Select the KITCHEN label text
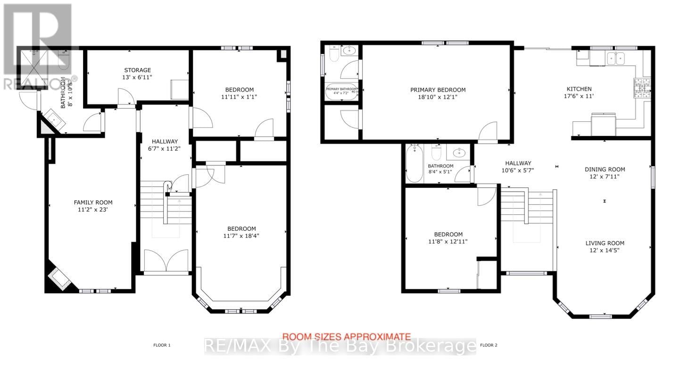pos(579,89)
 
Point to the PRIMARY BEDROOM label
pos(438,90)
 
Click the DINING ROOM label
pos(605,169)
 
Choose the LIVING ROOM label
pos(605,243)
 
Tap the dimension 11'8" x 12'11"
pos(448,241)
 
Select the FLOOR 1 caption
pos(162,345)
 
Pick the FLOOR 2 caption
pos(489,345)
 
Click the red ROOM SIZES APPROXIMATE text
pos(346,337)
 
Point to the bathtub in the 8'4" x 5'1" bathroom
pos(415,163)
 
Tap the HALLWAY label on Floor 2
pos(519,163)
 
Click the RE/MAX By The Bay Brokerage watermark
pos(340,346)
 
